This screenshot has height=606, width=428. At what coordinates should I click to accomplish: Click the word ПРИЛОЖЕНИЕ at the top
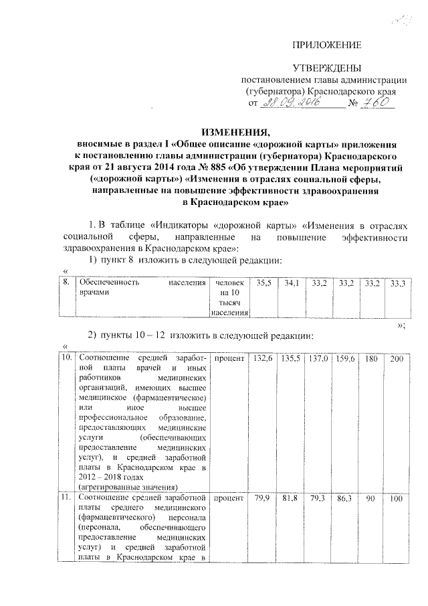[x=328, y=45]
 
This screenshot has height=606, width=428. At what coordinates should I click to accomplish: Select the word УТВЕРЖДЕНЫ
[x=328, y=69]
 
